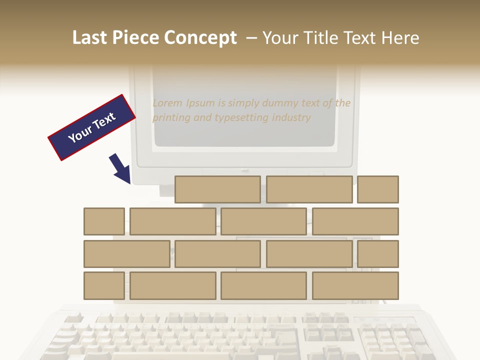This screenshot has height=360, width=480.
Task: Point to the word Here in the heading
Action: [x=400, y=38]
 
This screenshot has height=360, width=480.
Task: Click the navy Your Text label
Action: [x=92, y=127]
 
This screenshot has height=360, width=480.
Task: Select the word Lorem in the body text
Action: [x=167, y=103]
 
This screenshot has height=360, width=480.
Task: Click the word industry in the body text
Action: [x=292, y=118]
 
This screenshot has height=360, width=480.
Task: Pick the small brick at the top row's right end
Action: [x=378, y=189]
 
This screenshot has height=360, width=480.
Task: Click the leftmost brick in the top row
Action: [x=217, y=189]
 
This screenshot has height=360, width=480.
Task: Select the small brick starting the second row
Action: [x=104, y=221]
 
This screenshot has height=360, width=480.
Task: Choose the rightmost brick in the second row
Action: [x=355, y=221]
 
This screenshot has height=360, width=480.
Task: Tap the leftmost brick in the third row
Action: [x=126, y=254]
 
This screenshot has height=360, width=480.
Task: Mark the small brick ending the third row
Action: [x=378, y=254]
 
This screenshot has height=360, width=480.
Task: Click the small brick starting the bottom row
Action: [x=104, y=286]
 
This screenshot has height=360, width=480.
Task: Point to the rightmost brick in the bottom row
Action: [x=355, y=286]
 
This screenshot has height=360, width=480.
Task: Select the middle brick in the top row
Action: [x=309, y=189]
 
